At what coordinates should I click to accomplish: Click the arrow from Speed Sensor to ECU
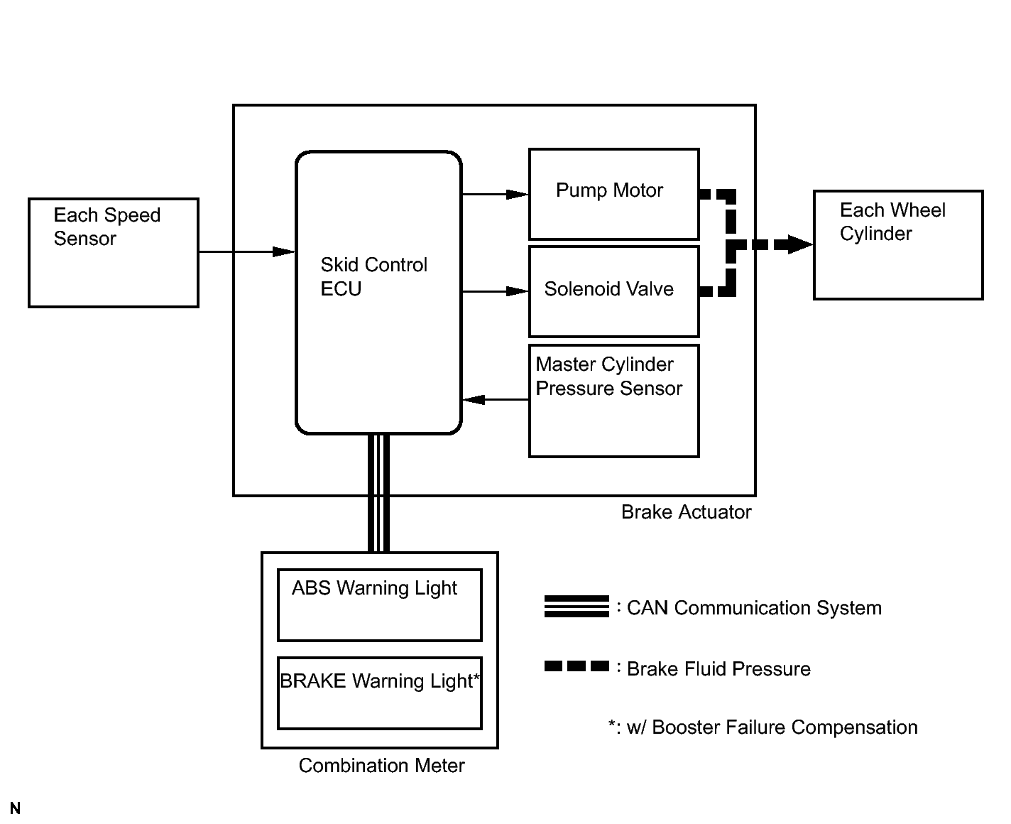(x=247, y=251)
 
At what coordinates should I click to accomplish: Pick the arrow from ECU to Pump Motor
(x=496, y=194)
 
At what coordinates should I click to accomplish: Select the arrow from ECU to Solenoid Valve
(x=496, y=291)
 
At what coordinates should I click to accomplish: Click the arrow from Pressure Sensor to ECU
(x=496, y=400)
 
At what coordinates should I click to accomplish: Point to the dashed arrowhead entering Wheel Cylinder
(x=800, y=244)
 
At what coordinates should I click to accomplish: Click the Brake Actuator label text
(x=686, y=512)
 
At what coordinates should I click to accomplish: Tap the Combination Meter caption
(x=381, y=766)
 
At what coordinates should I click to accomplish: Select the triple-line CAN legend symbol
(x=576, y=606)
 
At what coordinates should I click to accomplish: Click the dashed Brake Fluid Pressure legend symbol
(x=576, y=666)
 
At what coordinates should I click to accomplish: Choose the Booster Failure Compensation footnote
(x=763, y=727)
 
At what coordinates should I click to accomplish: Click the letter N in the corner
(x=15, y=808)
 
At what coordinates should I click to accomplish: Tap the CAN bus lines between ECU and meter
(x=378, y=493)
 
